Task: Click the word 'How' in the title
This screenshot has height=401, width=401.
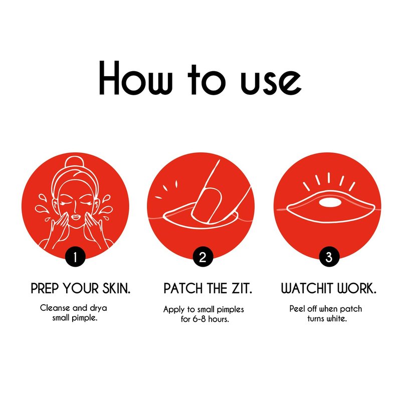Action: click(x=135, y=78)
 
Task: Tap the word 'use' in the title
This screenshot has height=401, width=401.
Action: click(x=271, y=82)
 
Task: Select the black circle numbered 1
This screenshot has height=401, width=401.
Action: click(x=75, y=257)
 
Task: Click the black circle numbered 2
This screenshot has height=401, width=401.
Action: click(x=203, y=257)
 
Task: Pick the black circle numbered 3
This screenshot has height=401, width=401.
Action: click(x=329, y=257)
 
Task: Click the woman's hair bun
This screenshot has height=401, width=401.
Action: click(x=75, y=162)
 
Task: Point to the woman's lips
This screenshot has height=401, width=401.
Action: click(x=76, y=217)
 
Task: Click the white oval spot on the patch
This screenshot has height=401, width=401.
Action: click(x=330, y=203)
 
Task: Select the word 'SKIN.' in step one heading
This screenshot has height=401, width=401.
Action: click(x=116, y=289)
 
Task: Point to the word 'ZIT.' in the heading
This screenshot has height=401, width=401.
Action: click(x=242, y=289)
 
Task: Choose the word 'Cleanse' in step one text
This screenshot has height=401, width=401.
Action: click(x=55, y=308)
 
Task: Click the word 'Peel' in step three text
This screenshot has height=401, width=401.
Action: click(x=297, y=309)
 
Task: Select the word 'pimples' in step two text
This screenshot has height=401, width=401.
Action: click(x=231, y=310)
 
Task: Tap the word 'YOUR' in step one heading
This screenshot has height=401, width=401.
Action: click(x=81, y=289)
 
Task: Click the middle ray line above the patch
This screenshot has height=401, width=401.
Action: click(x=329, y=178)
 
